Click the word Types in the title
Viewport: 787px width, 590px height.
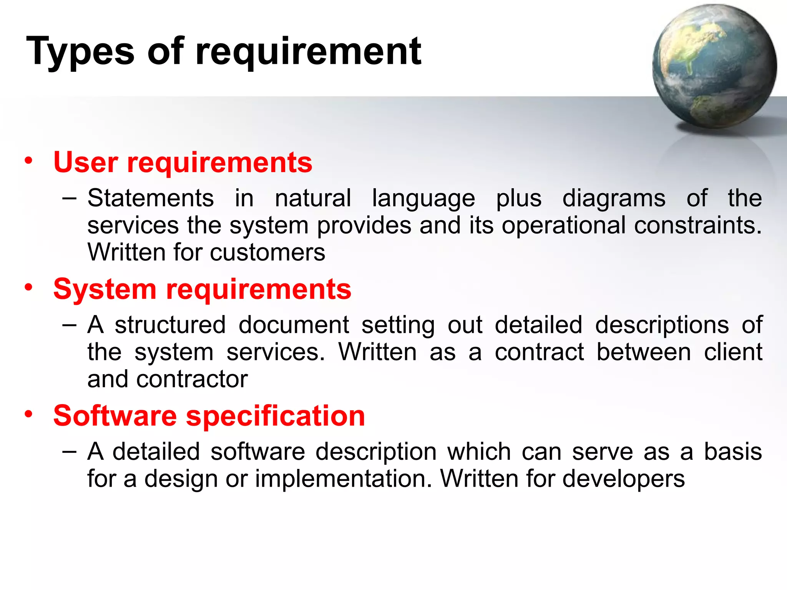[x=80, y=52]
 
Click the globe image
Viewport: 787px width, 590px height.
[x=714, y=66]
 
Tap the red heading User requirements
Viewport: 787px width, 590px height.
[x=183, y=162]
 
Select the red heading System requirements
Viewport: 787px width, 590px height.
[x=202, y=289]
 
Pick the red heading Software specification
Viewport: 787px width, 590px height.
[x=209, y=416]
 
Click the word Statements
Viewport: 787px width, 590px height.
[x=151, y=199]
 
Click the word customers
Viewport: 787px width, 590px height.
[x=267, y=253]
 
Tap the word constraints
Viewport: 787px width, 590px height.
[x=697, y=225]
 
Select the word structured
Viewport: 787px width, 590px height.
[x=170, y=325]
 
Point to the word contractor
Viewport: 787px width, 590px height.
[x=192, y=380]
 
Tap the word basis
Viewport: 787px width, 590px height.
[x=733, y=452]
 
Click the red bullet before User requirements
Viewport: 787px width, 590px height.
[x=28, y=161]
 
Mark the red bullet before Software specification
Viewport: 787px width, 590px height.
[x=28, y=414]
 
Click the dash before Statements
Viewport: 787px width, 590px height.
[x=69, y=199]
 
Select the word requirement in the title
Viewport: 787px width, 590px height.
[x=308, y=52]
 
